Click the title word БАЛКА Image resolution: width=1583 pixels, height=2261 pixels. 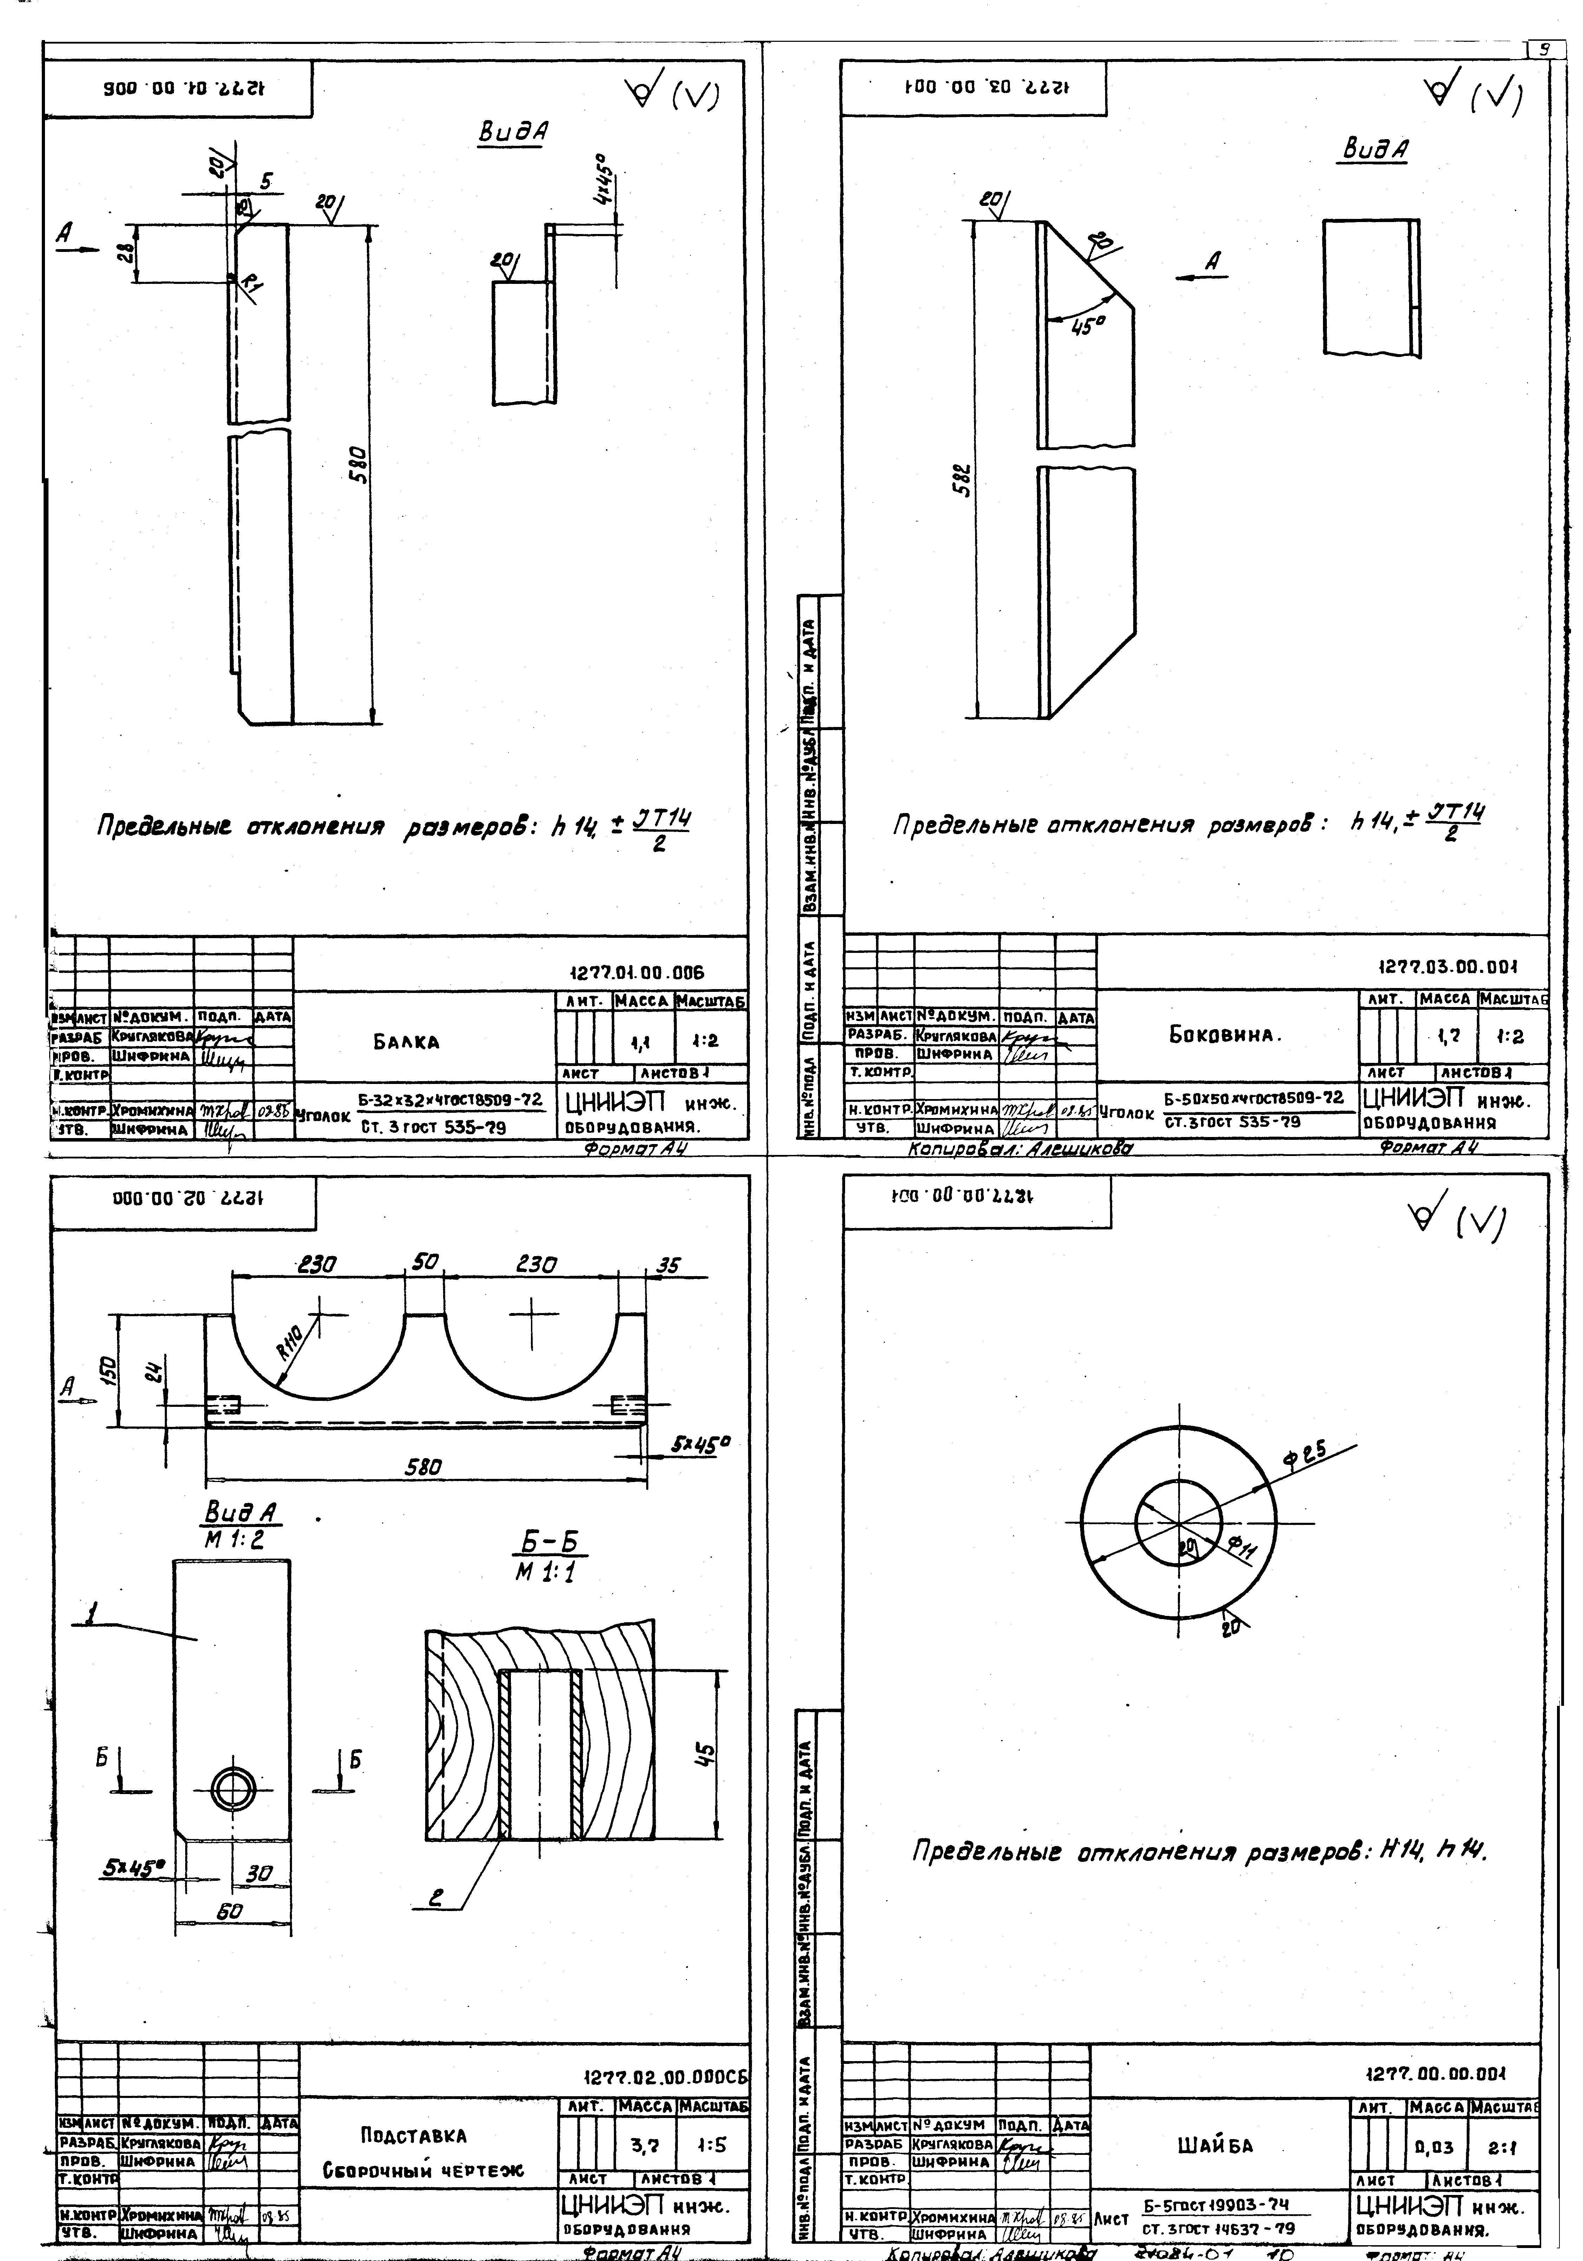pyautogui.click(x=406, y=1042)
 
